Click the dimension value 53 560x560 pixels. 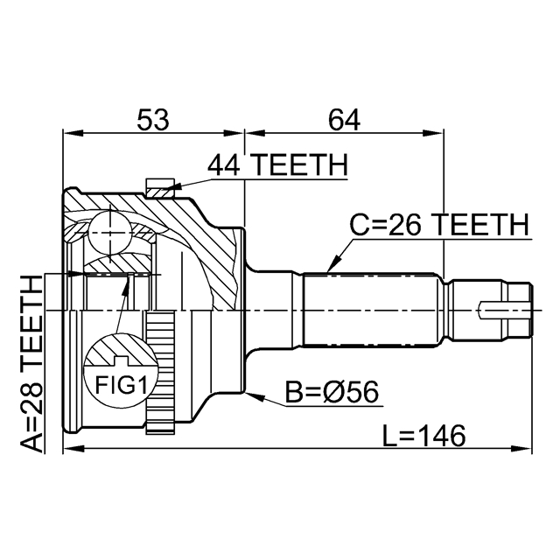pyautogui.click(x=154, y=119)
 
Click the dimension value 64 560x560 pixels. pyautogui.click(x=343, y=119)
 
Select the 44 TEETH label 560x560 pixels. pyautogui.click(x=277, y=164)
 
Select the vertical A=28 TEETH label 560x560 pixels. pyautogui.click(x=31, y=362)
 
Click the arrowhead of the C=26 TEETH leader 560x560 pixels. pyautogui.click(x=331, y=265)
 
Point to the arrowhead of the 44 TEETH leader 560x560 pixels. pyautogui.click(x=174, y=185)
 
